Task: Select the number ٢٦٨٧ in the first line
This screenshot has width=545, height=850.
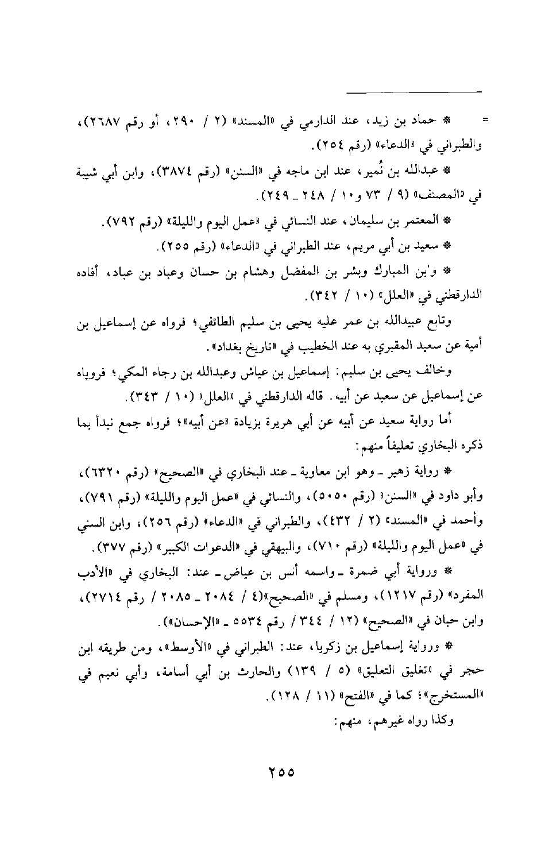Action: [x=102, y=121]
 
